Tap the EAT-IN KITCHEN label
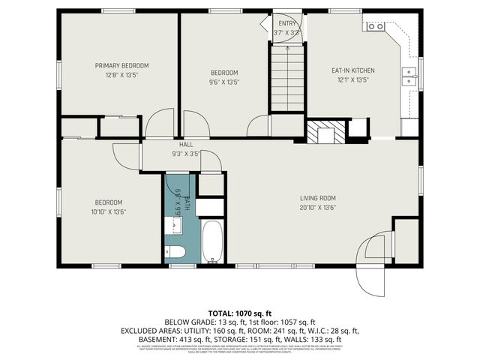[352, 70]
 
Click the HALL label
[185, 144]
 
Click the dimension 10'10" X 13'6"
[109, 211]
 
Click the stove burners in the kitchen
[374, 26]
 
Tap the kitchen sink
[409, 73]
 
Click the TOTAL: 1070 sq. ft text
[240, 312]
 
